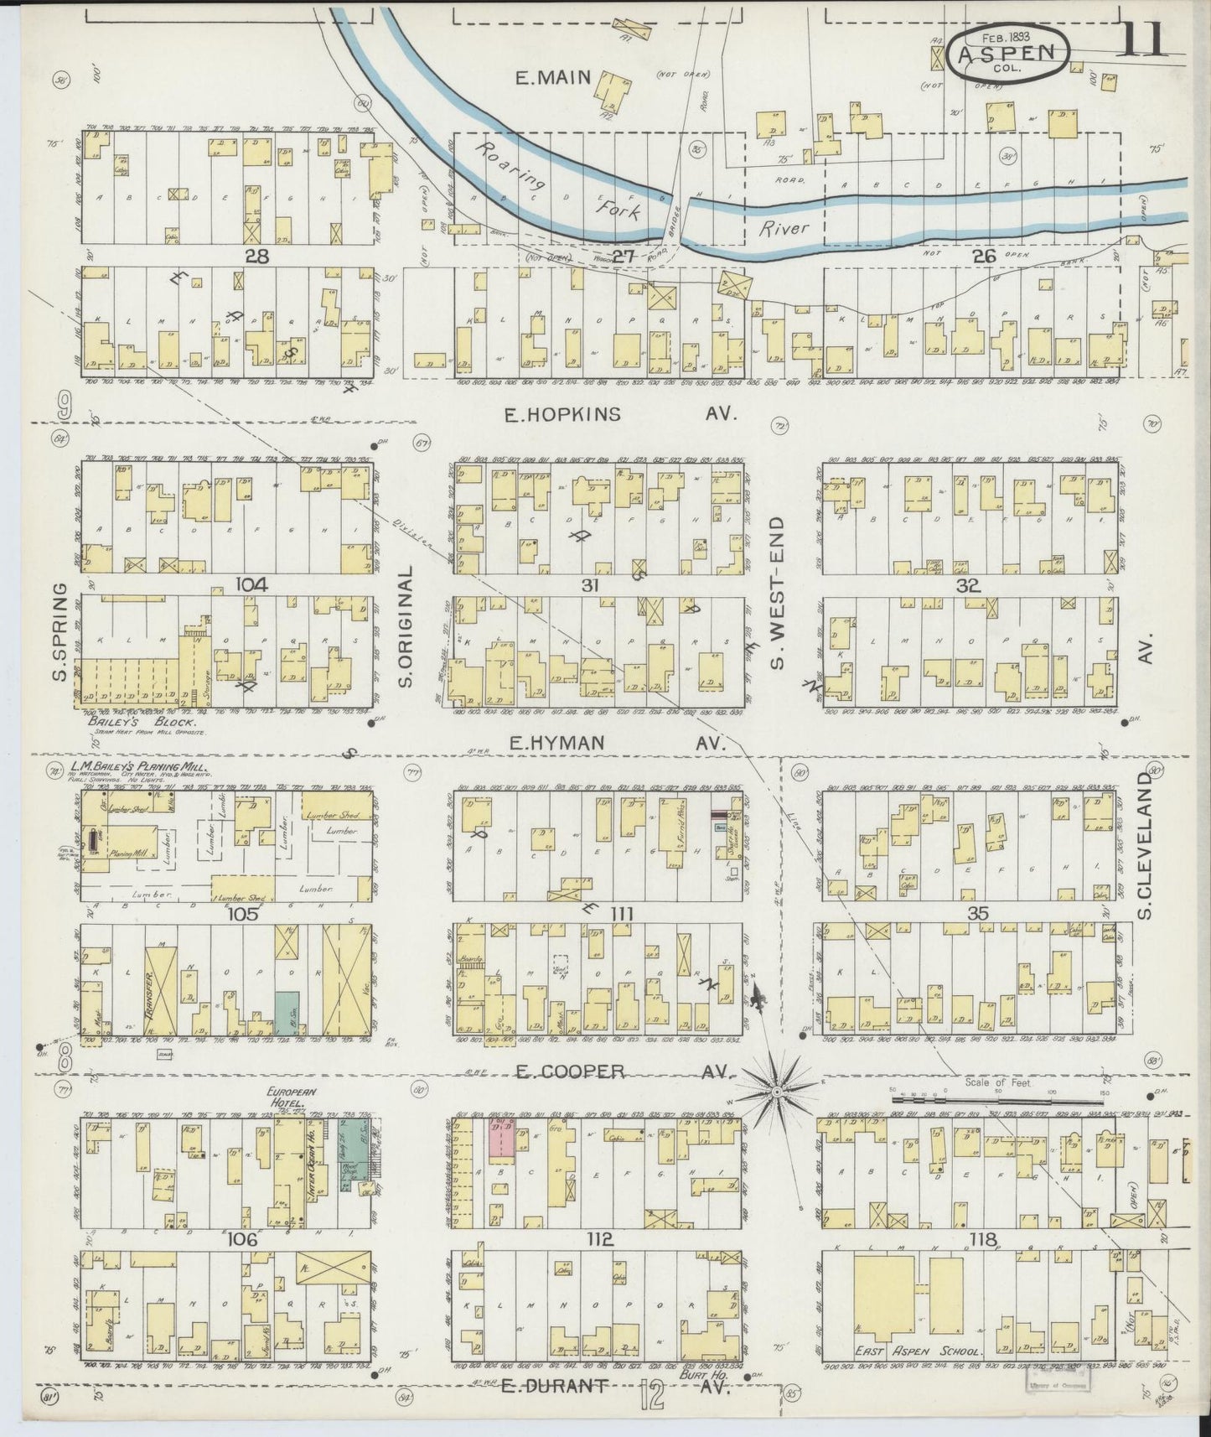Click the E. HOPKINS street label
562,413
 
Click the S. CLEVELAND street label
1146,847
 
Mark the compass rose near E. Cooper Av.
777,1091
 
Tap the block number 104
251,585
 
